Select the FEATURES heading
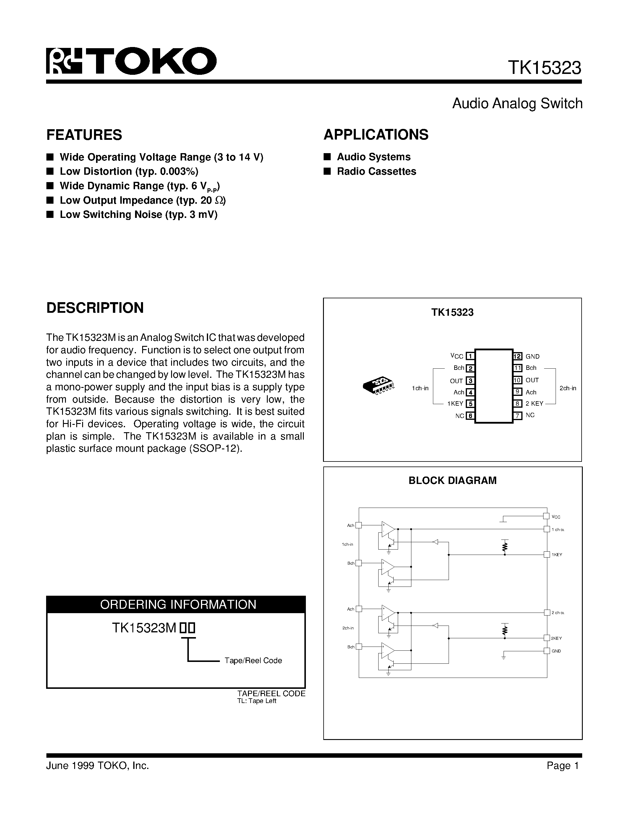tap(84, 135)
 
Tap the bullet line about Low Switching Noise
tap(138, 215)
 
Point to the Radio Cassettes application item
tap(376, 171)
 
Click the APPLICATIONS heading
tap(376, 135)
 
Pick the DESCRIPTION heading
tap(95, 308)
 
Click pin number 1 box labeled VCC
tap(470, 356)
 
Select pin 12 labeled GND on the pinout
tap(517, 356)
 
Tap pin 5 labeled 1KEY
tap(470, 404)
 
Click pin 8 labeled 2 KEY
tap(517, 404)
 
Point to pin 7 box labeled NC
tap(517, 415)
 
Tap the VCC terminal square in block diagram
tap(546, 516)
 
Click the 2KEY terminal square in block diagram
tap(546, 638)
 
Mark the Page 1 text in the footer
tap(562, 765)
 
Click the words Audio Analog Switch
tap(517, 103)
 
